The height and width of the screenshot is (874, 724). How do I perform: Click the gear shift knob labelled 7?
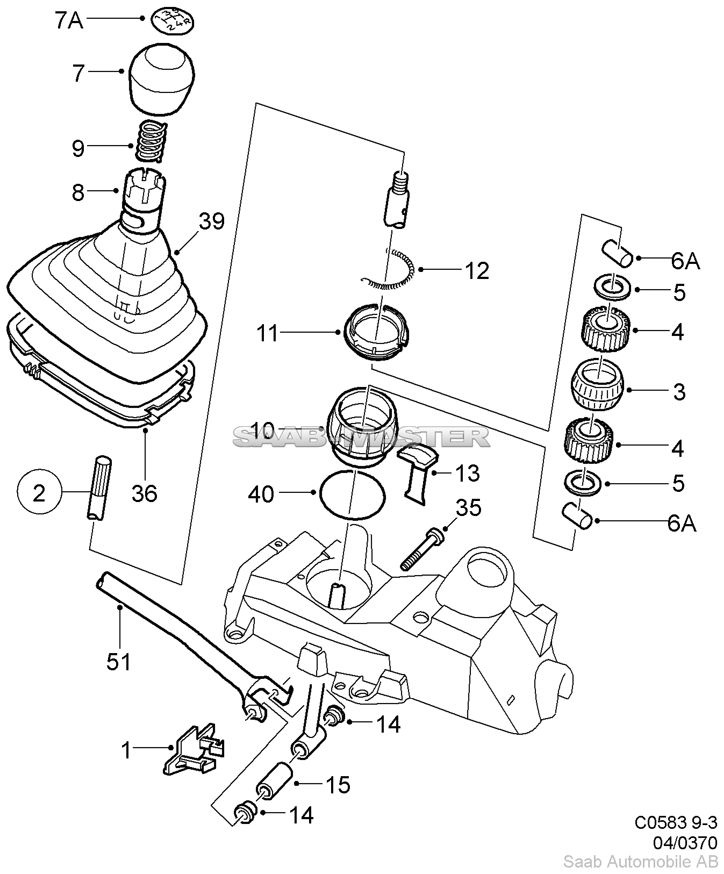[x=162, y=78]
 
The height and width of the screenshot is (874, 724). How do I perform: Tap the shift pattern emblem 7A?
[x=174, y=20]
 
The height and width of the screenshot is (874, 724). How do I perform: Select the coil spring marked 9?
[x=150, y=141]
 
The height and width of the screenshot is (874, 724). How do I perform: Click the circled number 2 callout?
[x=39, y=493]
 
